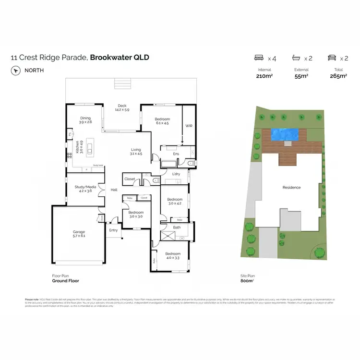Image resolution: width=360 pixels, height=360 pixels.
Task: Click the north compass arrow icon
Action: (x=16, y=70)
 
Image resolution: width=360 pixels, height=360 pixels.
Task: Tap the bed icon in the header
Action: (x=259, y=58)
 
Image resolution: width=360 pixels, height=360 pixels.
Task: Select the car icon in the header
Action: (x=331, y=58)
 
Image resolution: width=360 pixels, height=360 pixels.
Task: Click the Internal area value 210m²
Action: (x=264, y=76)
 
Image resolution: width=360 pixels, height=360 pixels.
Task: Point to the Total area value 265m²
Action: (x=337, y=76)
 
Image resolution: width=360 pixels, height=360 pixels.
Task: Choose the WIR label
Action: (x=189, y=126)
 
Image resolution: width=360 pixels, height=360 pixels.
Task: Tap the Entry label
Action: (x=113, y=230)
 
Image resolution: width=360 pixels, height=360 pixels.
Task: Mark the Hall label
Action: (x=114, y=190)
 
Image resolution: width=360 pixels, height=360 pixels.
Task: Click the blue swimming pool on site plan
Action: (x=285, y=133)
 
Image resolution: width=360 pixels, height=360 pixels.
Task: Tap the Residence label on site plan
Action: (x=291, y=187)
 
